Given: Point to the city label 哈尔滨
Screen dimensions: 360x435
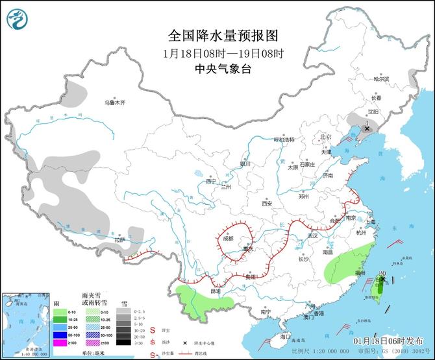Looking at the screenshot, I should pos(381,78).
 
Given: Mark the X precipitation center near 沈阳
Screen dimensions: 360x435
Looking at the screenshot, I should pos(367,128).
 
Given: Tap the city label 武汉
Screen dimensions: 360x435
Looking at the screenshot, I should pos(312,235).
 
